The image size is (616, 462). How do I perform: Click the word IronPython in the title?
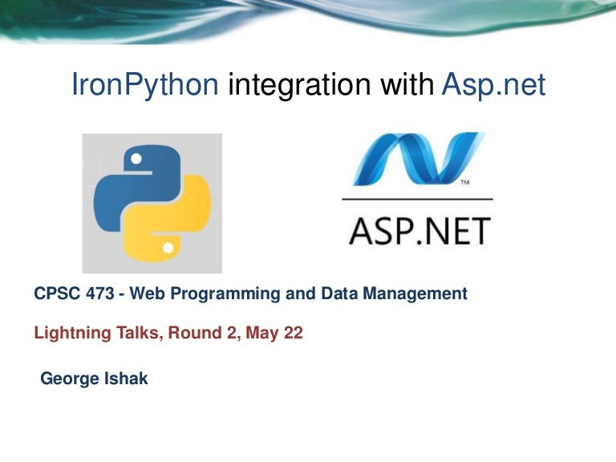pos(145,85)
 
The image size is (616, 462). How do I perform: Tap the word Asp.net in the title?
pos(493,84)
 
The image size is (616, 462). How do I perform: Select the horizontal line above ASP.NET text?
pos(417,198)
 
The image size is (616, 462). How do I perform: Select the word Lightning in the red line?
pos(67,334)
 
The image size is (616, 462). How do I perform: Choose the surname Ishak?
pos(126,379)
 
